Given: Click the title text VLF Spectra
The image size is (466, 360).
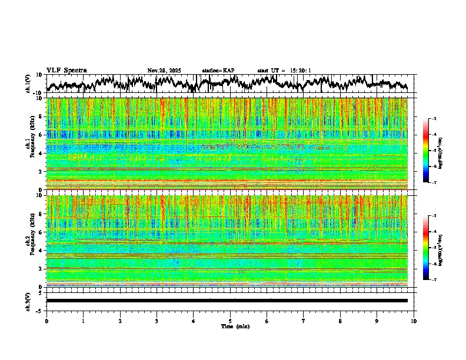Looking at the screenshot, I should [66, 71].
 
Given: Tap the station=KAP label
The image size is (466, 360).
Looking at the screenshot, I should [218, 71].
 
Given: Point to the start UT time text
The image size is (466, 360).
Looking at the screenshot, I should [284, 71].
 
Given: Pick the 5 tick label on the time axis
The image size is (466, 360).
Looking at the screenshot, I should [230, 321].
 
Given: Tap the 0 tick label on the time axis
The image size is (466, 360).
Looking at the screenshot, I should [46, 321].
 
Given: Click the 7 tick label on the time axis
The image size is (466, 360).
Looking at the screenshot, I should [304, 321].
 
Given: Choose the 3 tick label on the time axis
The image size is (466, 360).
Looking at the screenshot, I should [157, 321].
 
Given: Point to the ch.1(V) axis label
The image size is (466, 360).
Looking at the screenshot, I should [28, 84].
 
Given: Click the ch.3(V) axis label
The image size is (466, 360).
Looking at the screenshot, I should [28, 301].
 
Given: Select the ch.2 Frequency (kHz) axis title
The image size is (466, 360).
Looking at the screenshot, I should [31, 241].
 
